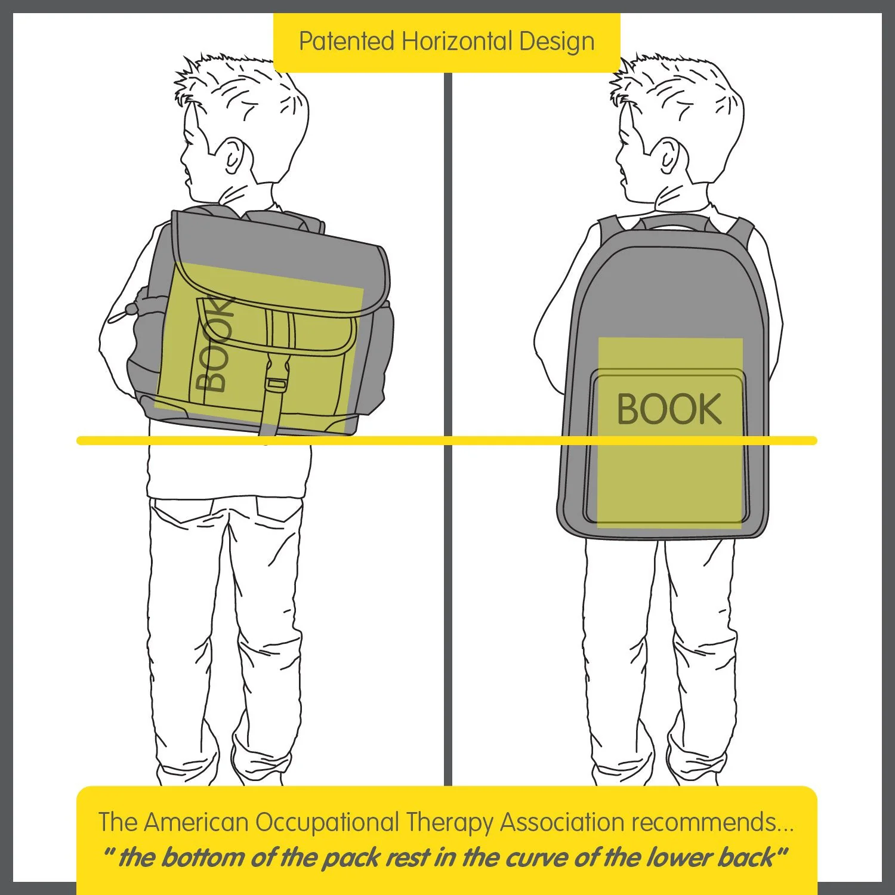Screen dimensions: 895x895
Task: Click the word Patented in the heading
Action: point(347,41)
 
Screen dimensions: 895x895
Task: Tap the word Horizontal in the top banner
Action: point(456,41)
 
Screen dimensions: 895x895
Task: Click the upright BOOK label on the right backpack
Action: point(669,409)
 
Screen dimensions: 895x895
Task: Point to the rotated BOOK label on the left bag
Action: point(214,345)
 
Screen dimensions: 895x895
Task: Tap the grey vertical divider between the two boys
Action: point(448,430)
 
